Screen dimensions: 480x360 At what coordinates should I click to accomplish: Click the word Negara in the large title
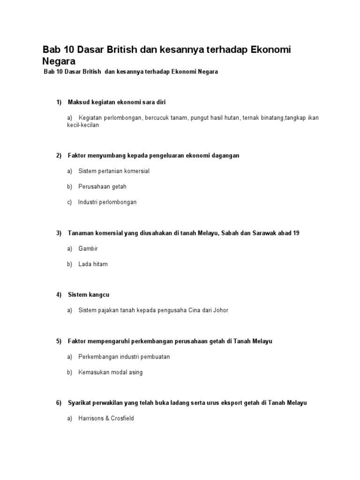tap(59, 61)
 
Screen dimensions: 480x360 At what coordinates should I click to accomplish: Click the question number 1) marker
tap(59, 102)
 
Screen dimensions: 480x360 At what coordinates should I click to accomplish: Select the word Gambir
tap(89, 248)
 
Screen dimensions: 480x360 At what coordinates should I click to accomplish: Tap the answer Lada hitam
tap(93, 264)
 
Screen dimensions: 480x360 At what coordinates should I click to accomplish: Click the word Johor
tap(220, 310)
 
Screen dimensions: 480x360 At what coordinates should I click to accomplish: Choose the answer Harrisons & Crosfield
tap(106, 418)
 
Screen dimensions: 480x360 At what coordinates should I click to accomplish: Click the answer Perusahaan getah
tap(102, 187)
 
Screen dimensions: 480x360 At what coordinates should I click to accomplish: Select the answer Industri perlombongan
tap(107, 202)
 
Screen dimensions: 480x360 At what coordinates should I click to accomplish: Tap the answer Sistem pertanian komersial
tap(114, 171)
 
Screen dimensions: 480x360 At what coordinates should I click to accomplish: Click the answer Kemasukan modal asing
tap(111, 372)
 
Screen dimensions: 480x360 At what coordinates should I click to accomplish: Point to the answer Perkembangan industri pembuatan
tap(124, 357)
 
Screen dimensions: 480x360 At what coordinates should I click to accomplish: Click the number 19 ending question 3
tap(296, 233)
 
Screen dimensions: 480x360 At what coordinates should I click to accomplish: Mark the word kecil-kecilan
tap(83, 126)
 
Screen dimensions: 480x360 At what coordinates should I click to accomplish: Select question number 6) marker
tap(59, 403)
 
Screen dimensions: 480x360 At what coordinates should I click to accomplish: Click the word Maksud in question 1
tap(78, 102)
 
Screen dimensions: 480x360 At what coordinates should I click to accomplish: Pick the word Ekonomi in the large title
tap(263, 50)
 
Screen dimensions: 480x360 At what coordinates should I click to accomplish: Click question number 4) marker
tap(59, 295)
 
